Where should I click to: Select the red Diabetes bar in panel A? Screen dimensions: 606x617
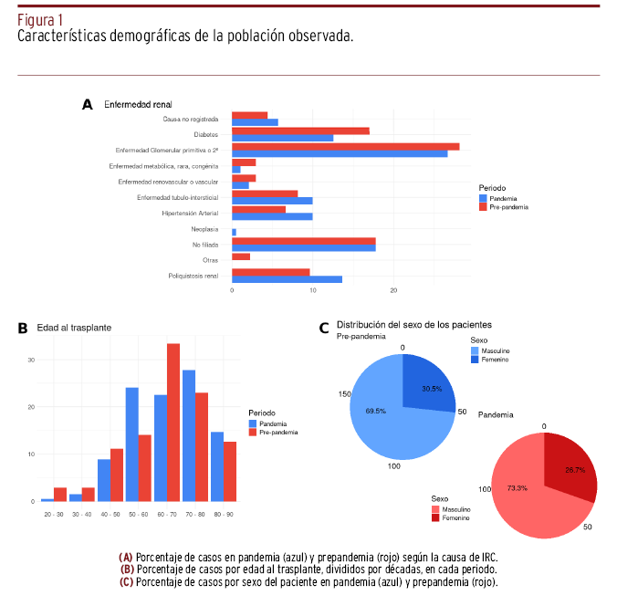[300, 131]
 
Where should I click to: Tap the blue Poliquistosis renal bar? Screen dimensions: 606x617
[287, 279]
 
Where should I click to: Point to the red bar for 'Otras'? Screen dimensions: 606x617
[241, 256]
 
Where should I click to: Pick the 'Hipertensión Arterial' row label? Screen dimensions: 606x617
[190, 213]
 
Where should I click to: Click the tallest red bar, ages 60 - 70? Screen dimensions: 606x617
[173, 422]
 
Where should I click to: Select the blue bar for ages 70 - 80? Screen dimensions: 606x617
[188, 435]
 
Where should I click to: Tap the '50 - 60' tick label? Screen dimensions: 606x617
[138, 517]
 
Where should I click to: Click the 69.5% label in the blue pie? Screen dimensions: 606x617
[374, 411]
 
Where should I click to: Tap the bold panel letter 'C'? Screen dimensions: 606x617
[323, 328]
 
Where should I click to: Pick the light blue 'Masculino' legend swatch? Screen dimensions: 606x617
[475, 350]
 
